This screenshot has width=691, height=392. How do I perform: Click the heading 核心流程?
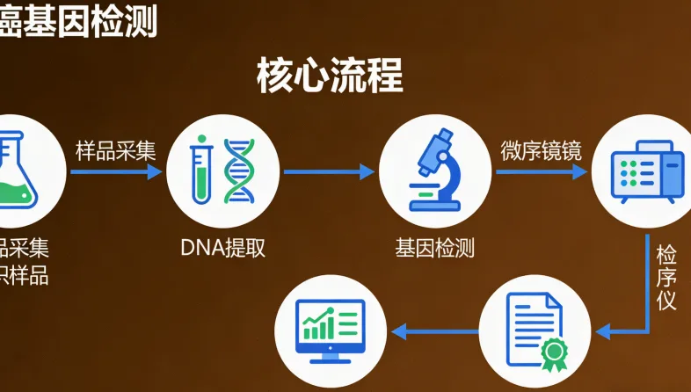[x=330, y=76]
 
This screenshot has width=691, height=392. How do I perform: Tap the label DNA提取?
[x=222, y=248]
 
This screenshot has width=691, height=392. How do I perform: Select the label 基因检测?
[x=435, y=248]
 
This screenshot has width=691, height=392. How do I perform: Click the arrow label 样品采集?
[x=116, y=150]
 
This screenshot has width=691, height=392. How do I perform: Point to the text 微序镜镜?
[x=542, y=150]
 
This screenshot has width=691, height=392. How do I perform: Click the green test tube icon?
[x=203, y=170]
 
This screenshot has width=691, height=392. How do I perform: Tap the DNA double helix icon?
[x=238, y=170]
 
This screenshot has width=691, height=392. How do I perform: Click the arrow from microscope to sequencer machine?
[x=542, y=171]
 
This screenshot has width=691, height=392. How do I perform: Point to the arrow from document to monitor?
[x=435, y=331]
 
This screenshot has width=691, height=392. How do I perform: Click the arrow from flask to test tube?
[x=116, y=171]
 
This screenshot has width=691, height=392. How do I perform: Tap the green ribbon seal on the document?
[x=554, y=352]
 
